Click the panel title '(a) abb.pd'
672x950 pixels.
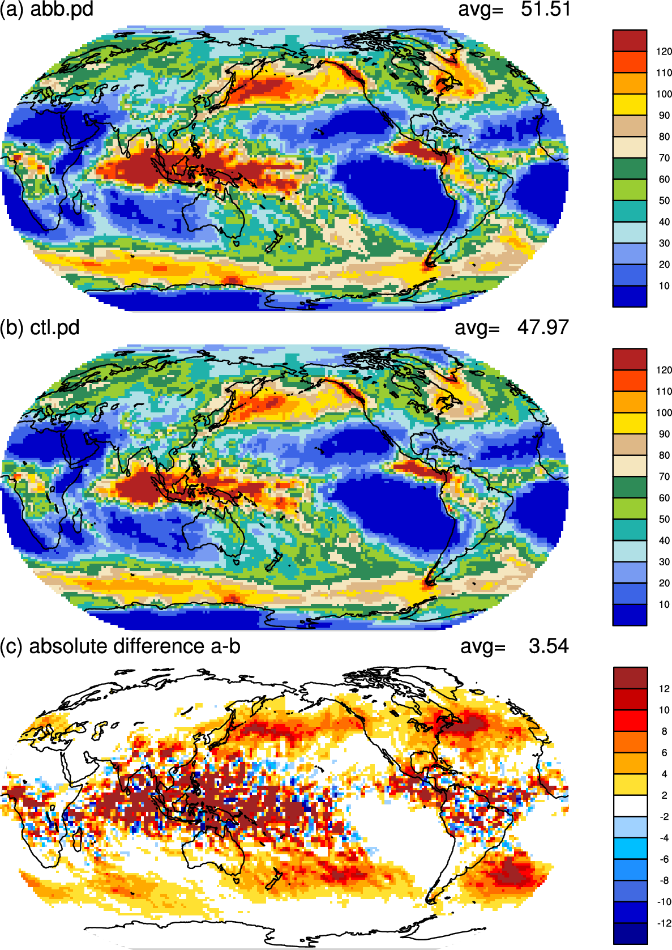click(46, 10)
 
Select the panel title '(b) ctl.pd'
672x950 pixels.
click(40, 328)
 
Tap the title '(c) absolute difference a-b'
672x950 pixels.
click(120, 647)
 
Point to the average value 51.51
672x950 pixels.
click(546, 9)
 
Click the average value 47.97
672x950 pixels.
click(543, 327)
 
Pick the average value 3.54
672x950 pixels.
click(549, 646)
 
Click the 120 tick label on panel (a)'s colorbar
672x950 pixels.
click(664, 52)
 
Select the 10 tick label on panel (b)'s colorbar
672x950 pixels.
click(664, 604)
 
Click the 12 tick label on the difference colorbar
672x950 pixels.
click(665, 689)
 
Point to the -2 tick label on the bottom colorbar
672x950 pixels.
click(664, 816)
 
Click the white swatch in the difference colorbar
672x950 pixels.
click(631, 806)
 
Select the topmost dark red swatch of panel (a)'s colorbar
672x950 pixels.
click(630, 41)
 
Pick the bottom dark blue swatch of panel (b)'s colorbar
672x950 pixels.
click(630, 615)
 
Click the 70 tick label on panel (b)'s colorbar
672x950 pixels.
click(664, 476)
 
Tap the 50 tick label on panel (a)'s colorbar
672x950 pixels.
click(664, 201)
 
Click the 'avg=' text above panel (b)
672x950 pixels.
click(477, 329)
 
